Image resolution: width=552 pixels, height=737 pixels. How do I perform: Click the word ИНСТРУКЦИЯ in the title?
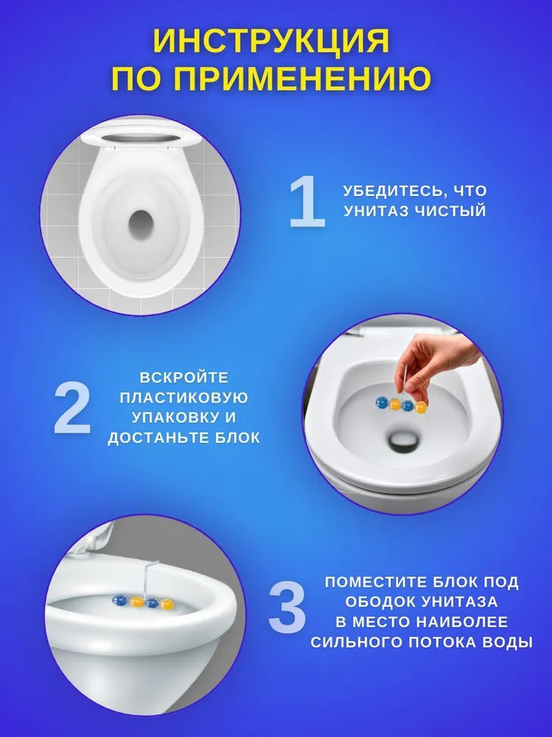272,41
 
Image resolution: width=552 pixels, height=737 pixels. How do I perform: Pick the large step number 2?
72,408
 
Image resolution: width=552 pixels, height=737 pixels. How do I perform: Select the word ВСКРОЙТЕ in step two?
184,377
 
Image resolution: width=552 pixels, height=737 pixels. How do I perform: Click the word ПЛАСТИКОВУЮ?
183,398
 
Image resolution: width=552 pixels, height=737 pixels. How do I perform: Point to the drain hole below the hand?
403,441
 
